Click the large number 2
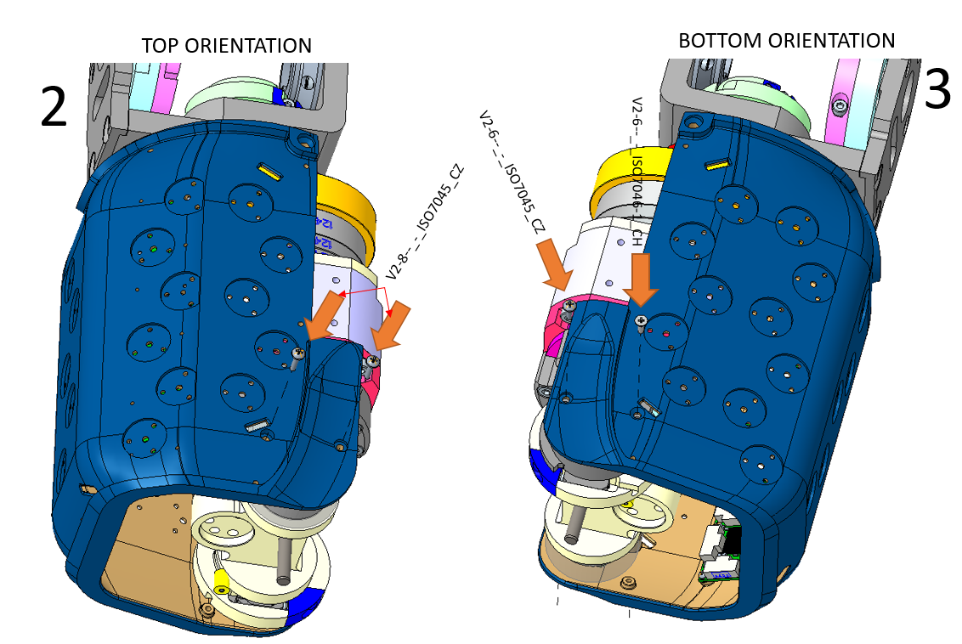[x=54, y=109]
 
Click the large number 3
[x=937, y=90]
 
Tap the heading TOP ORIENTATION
[x=226, y=45]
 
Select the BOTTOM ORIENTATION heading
[x=786, y=41]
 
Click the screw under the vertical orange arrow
[x=641, y=319]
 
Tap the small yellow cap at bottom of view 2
[x=223, y=581]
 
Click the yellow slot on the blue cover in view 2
[x=269, y=172]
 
